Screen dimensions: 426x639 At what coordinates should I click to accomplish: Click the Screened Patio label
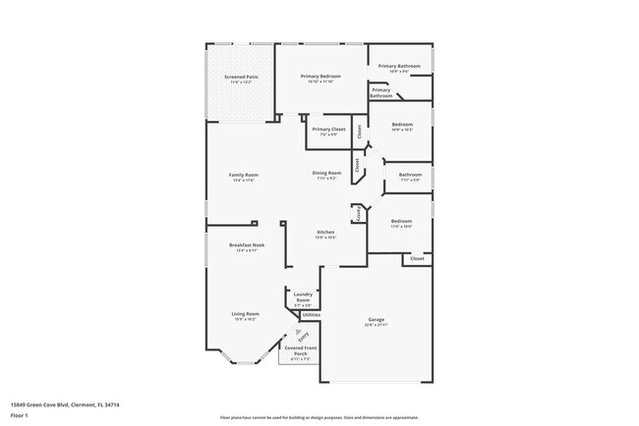coord(241,76)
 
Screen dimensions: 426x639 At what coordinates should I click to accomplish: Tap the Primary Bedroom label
coord(321,76)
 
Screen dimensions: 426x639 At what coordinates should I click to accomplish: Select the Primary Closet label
coord(328,130)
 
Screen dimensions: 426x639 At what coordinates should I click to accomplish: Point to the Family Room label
coord(243,175)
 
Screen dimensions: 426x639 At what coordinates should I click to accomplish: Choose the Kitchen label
coord(325,232)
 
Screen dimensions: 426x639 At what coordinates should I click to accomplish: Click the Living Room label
coord(245,313)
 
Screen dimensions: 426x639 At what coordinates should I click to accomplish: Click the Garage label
coord(377,319)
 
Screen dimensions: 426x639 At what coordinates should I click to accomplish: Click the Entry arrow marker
coord(288,335)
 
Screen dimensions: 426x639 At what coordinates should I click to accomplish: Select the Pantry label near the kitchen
coord(360,212)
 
